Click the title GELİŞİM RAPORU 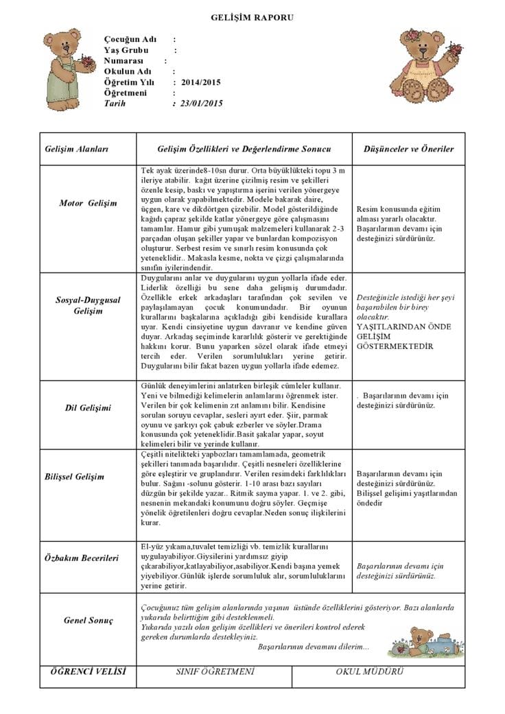point(252,17)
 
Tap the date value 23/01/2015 point(202,104)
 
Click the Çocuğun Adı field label point(130,40)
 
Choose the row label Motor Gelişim point(88,204)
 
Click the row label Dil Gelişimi point(88,408)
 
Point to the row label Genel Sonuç point(88,621)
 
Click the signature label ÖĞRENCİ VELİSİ point(88,671)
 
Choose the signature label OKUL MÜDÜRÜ point(369,671)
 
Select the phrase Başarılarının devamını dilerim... point(314,647)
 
